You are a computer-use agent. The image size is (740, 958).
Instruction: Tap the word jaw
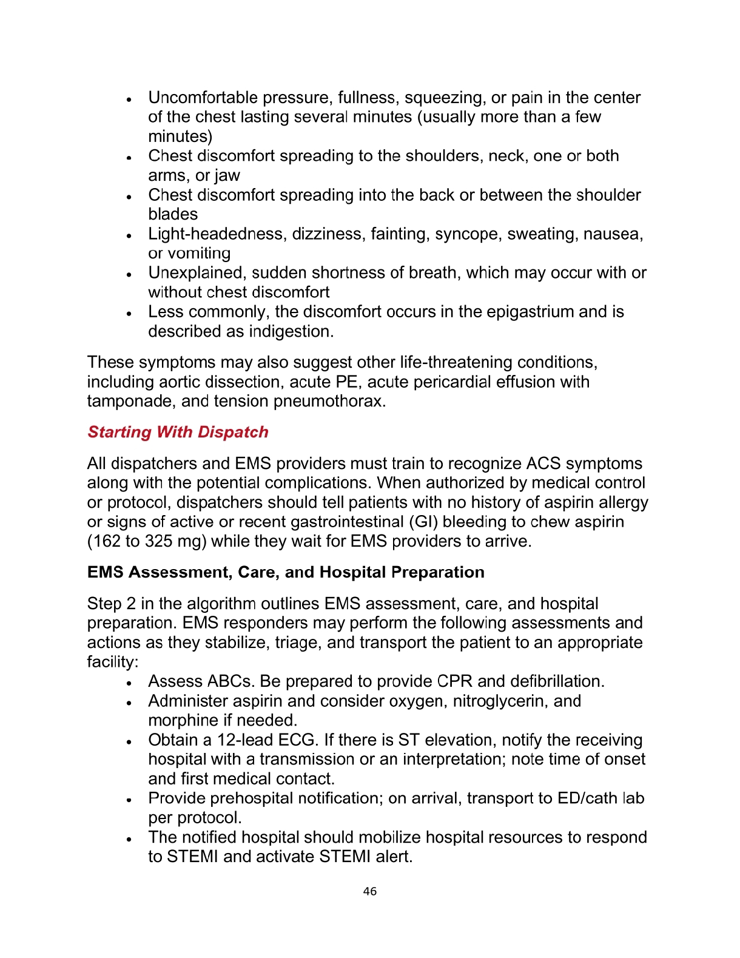[227, 176]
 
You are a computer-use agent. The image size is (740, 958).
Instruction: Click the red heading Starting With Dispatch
[178, 432]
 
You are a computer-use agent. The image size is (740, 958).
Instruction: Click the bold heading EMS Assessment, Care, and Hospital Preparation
[286, 573]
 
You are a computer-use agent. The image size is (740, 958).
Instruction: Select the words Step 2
[112, 604]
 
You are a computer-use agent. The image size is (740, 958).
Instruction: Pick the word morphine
[183, 721]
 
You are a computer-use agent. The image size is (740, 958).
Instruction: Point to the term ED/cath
[587, 798]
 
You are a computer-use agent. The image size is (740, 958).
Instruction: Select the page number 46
[369, 891]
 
